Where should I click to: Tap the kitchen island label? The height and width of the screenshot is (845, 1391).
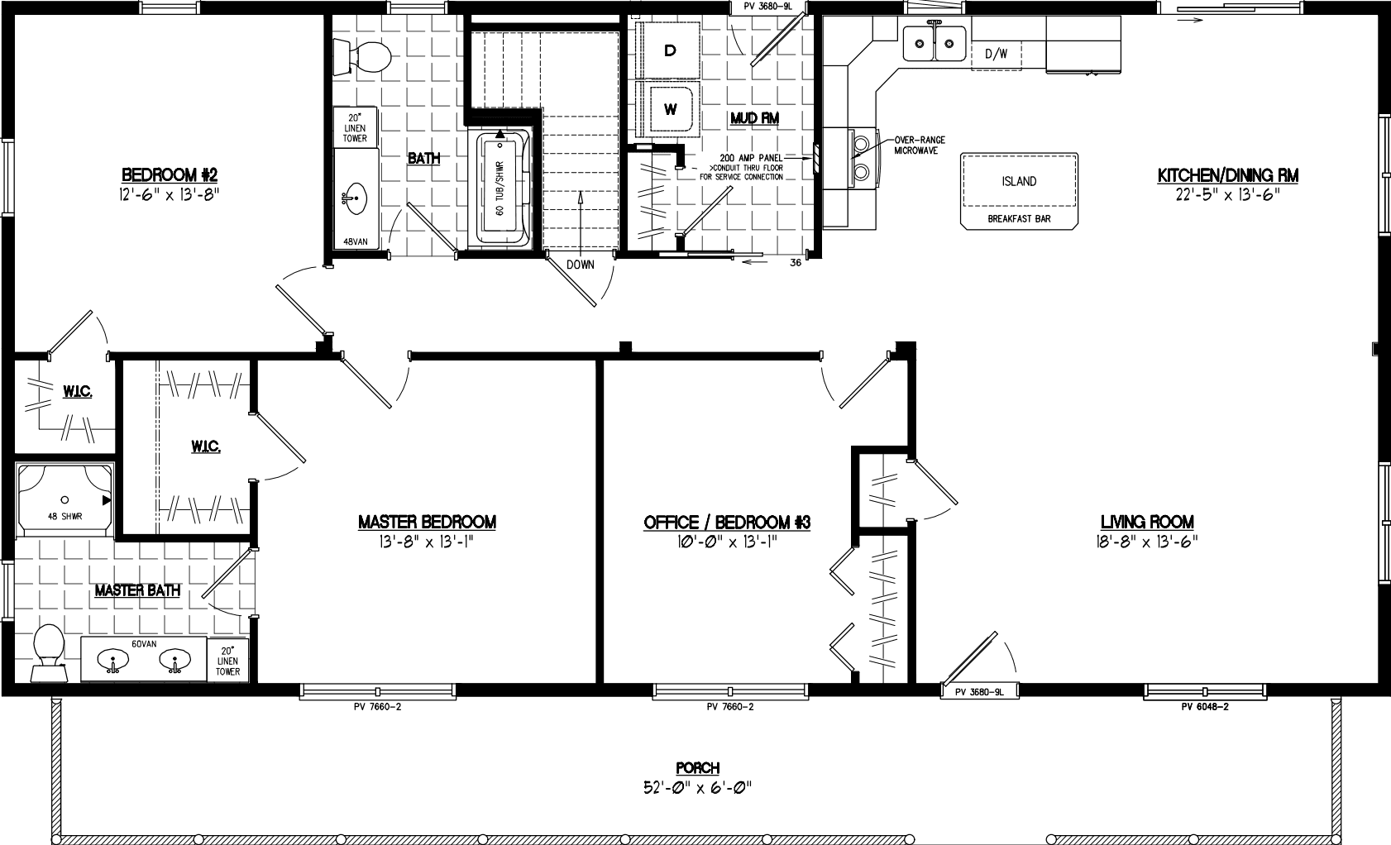point(1019,182)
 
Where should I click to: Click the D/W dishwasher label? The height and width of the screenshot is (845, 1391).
point(996,55)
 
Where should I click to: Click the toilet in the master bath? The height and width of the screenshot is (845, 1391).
point(47,652)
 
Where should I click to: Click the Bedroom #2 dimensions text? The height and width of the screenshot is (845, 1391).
point(170,195)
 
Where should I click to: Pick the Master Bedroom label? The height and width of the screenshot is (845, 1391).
point(427,523)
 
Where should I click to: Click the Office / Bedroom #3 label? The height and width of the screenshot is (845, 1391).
point(727,523)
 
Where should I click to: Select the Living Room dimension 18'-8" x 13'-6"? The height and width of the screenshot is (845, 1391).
point(1147,542)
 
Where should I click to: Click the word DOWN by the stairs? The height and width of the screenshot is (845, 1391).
point(581,265)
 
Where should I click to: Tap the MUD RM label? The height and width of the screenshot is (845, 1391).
point(754,118)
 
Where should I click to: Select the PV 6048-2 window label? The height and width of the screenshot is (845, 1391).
point(1204,707)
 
